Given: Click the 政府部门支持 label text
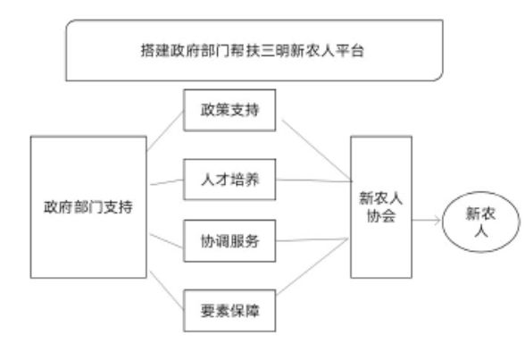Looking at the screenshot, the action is click(x=88, y=207).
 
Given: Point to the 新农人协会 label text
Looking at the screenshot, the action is click(x=381, y=207).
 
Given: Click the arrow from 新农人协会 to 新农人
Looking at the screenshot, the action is click(x=426, y=221).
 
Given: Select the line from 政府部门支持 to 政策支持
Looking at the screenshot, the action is click(x=165, y=131).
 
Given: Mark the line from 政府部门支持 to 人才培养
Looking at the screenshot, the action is click(x=167, y=182).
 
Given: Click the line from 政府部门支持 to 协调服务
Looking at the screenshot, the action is click(x=166, y=241).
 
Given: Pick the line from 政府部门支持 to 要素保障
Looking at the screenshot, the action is click(x=166, y=290).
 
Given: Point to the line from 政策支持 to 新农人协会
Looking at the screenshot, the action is click(x=316, y=149).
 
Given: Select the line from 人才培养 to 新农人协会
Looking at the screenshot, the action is click(x=314, y=180).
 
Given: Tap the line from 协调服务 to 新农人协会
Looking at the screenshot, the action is click(x=312, y=239).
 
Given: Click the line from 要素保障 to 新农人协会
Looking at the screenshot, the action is click(x=312, y=266).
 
